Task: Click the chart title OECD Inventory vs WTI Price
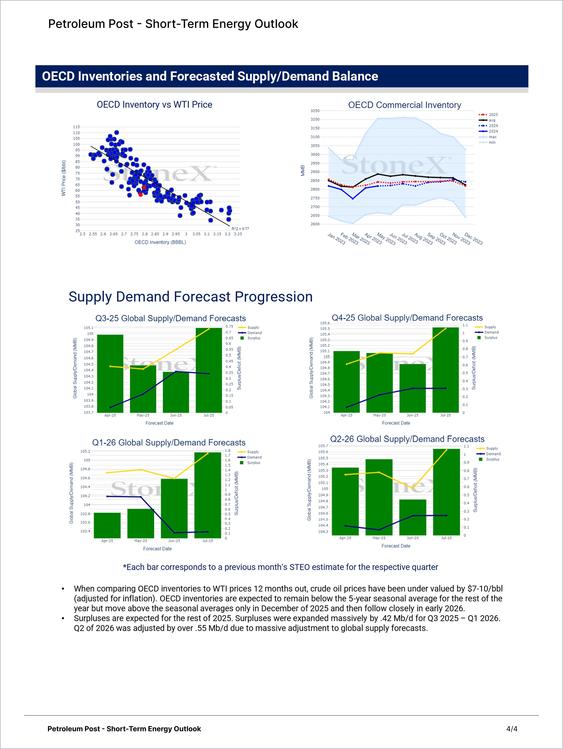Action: tap(154, 105)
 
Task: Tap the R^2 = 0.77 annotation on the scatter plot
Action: tap(240, 228)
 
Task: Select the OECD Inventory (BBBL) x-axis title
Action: tap(160, 242)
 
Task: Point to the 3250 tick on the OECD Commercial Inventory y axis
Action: tap(315, 111)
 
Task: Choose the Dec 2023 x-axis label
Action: tap(473, 238)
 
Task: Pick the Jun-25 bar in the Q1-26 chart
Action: tap(174, 508)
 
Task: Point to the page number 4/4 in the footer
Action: tap(512, 729)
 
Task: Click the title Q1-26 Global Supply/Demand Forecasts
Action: tap(169, 443)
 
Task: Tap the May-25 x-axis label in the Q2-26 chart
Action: tap(379, 538)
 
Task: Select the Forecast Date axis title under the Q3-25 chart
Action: tap(159, 423)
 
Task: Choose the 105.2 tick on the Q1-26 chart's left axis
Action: tap(85, 451)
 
